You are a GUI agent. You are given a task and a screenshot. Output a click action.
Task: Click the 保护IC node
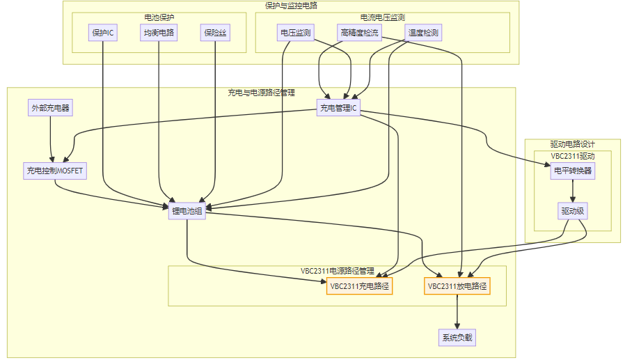[103, 32]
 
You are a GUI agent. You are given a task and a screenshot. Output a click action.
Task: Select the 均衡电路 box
[159, 32]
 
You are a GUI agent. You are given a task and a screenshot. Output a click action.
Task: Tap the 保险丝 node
[215, 32]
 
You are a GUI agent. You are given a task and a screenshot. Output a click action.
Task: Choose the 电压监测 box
[295, 32]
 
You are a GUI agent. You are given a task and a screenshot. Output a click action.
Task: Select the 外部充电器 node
[52, 108]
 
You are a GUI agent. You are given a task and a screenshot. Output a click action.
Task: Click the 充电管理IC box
[338, 108]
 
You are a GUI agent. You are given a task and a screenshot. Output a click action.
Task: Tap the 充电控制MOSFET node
[54, 171]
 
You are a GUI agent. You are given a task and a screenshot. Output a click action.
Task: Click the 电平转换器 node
[573, 171]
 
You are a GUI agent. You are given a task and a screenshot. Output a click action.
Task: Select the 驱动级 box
[573, 212]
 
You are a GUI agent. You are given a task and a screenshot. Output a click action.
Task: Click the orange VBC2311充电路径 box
[359, 286]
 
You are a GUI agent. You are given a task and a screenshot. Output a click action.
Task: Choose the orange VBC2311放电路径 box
[457, 286]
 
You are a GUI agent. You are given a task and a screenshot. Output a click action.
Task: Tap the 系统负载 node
[457, 338]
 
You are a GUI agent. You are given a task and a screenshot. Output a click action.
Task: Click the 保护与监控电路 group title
[291, 6]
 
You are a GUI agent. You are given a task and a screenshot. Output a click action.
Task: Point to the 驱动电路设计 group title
[572, 143]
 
